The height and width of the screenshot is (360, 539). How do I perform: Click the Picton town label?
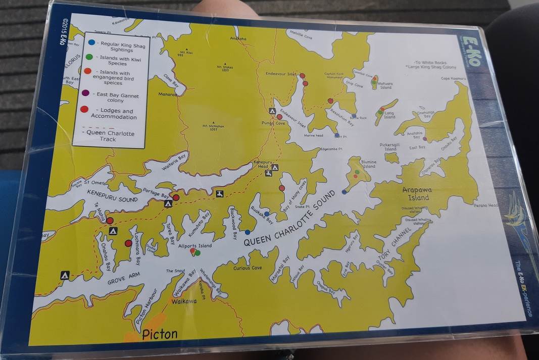160,334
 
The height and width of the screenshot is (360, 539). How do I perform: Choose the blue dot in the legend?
91,43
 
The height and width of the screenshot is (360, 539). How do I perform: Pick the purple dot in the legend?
85,93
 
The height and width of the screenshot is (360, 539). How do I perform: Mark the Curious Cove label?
248,268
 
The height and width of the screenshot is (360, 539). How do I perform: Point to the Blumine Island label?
369,164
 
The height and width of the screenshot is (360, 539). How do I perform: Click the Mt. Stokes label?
225,68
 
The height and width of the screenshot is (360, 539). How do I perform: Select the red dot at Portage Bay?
176,197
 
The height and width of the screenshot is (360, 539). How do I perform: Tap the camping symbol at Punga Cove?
272,111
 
